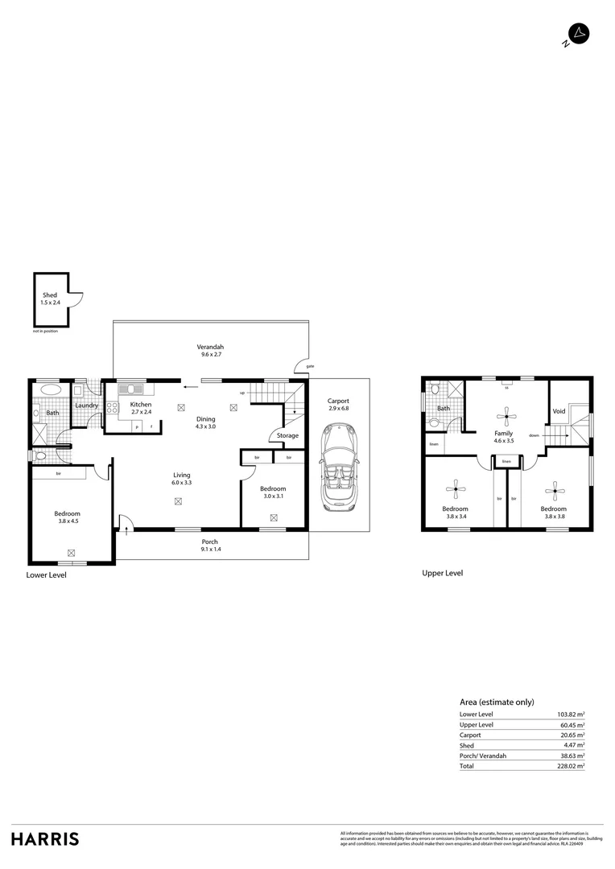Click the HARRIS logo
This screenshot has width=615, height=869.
point(45,838)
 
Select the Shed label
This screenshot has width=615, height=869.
point(50,295)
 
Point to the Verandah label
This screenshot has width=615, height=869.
point(212,347)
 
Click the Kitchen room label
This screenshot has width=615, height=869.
point(141,405)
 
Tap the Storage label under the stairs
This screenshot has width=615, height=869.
point(287,435)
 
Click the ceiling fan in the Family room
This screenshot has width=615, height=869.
point(506,414)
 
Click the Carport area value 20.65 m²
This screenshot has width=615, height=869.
point(572,735)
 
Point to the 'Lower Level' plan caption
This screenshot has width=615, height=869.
point(47,575)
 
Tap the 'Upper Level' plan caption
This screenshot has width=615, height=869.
point(443,573)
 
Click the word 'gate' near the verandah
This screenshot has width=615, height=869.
point(310,367)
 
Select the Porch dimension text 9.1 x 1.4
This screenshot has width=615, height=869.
point(210,549)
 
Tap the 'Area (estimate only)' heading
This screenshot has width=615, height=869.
point(497,702)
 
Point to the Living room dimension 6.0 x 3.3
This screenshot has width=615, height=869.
point(181,483)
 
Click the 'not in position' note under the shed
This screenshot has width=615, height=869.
point(46,332)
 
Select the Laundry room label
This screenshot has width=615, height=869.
point(87,406)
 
